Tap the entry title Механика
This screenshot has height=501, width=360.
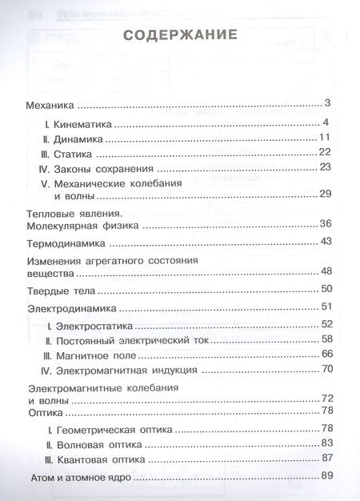pyautogui.click(x=50, y=104)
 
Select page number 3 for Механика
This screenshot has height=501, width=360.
pyautogui.click(x=328, y=103)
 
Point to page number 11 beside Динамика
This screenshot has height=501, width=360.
pyautogui.click(x=326, y=138)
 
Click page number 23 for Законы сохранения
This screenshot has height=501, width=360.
pyautogui.click(x=325, y=167)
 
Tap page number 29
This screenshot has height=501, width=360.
pyautogui.click(x=325, y=194)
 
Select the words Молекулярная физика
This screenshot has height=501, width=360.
pyautogui.click(x=83, y=226)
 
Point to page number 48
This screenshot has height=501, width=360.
pyautogui.click(x=326, y=271)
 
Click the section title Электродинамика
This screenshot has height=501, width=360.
pyautogui.click(x=72, y=307)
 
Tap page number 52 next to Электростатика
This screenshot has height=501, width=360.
pyautogui.click(x=326, y=323)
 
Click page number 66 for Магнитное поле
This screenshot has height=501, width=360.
pyautogui.click(x=326, y=353)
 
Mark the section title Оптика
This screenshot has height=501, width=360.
pyautogui.click(x=45, y=412)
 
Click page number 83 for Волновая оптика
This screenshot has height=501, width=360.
pyautogui.click(x=326, y=443)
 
